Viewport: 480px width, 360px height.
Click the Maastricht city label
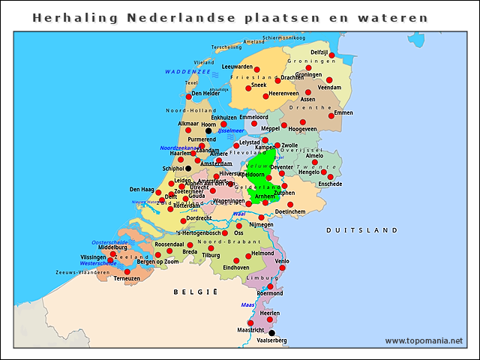tap(250, 330)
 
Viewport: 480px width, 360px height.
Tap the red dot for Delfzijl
tap(331, 55)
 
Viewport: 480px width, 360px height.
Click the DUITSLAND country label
tap(361, 229)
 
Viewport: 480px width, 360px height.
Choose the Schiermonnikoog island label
tap(284, 37)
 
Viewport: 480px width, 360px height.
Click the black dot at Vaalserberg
tap(271, 333)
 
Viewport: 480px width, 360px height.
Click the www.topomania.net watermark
tap(424, 341)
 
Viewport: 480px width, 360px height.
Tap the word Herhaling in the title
tap(66, 16)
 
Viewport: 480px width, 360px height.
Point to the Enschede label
tap(330, 184)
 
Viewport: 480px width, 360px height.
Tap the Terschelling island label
tap(226, 47)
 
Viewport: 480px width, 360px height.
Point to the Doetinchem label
tap(290, 212)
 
